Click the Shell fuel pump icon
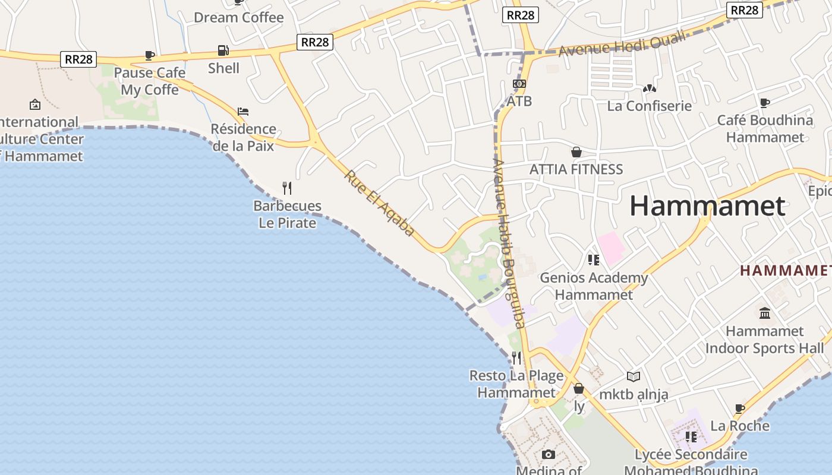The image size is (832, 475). point(223,50)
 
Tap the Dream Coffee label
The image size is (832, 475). point(239,17)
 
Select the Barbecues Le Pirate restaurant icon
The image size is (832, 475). point(287,188)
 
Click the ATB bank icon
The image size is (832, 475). point(519,84)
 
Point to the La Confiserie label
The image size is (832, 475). point(649,106)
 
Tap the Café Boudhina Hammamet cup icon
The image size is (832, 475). point(765,103)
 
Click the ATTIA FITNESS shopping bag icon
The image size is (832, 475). point(576,152)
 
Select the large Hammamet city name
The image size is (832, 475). point(707,206)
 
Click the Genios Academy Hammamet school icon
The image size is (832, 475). point(593,259)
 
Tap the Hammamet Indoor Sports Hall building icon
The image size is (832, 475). point(765,313)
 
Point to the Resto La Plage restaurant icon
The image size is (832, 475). point(516,357)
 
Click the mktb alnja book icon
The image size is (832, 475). point(634,376)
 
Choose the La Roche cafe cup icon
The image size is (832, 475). point(740,408)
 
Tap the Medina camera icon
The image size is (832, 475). point(549,454)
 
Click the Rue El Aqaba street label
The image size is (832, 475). point(379,203)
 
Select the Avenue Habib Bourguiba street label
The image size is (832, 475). point(509,243)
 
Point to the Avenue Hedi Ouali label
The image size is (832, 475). point(622,43)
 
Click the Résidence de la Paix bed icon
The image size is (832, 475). point(242,111)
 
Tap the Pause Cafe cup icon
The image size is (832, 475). point(150,55)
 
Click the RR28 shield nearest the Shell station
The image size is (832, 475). point(314,42)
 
